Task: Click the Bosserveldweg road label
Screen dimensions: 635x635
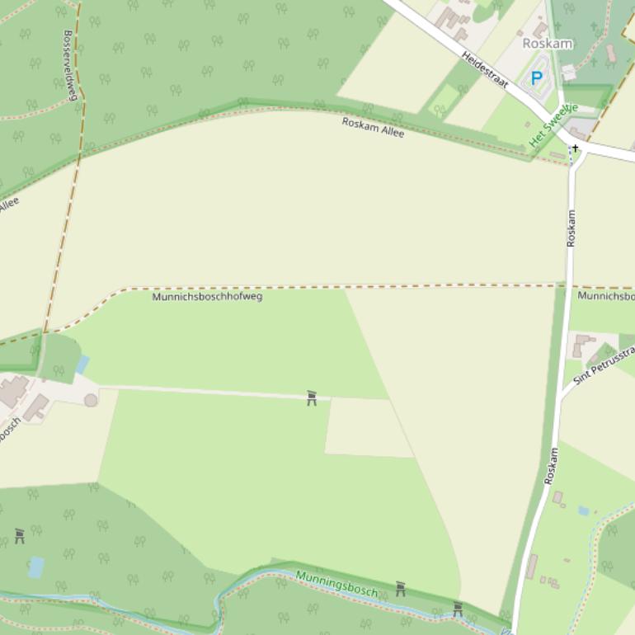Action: [70, 65]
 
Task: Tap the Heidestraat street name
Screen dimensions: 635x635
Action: [485, 71]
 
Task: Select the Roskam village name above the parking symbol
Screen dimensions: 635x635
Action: [548, 43]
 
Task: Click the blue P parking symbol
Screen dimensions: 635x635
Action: [537, 79]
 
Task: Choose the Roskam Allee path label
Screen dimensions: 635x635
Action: [374, 127]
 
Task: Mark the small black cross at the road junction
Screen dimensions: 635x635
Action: [575, 148]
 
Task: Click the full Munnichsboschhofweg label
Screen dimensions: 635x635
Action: [207, 296]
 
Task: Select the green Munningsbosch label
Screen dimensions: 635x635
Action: [336, 583]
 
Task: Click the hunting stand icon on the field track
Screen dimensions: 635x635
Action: [312, 398]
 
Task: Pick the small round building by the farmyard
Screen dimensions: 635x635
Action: [91, 400]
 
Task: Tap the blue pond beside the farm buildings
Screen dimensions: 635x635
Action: [82, 365]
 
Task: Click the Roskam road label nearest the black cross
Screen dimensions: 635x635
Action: [571, 228]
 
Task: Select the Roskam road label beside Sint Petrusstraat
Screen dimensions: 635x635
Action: [551, 466]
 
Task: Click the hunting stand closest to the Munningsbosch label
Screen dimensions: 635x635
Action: [401, 589]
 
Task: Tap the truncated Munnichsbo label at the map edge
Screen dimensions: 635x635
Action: [606, 295]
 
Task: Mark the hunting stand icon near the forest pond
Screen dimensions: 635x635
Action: [20, 536]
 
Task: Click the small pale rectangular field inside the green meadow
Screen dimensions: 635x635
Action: [369, 426]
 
